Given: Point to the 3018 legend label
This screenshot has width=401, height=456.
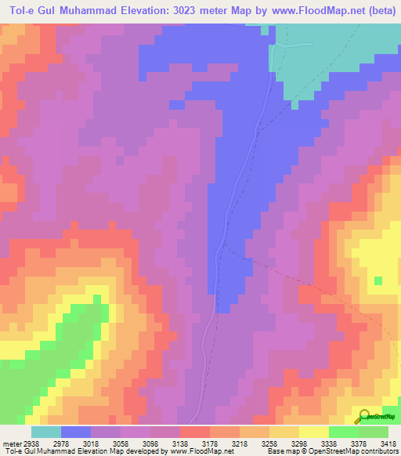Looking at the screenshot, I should pyautogui.click(x=91, y=443).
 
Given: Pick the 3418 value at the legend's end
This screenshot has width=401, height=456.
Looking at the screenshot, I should pyautogui.click(x=389, y=443).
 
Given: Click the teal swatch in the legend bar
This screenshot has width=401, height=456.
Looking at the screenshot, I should pyautogui.click(x=45, y=432).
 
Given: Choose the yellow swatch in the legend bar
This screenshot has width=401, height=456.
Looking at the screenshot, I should pyautogui.click(x=314, y=432).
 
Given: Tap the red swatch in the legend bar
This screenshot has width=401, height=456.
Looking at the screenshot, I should pyautogui.click(x=195, y=432).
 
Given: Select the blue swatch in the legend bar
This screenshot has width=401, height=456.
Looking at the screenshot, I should pyautogui.click(x=76, y=432).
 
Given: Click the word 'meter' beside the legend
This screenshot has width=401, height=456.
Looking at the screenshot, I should pyautogui.click(x=9, y=443).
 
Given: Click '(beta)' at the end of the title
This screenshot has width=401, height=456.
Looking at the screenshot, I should pyautogui.click(x=380, y=10).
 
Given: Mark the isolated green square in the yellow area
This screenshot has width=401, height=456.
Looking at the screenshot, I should pyautogui.click(x=379, y=280).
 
